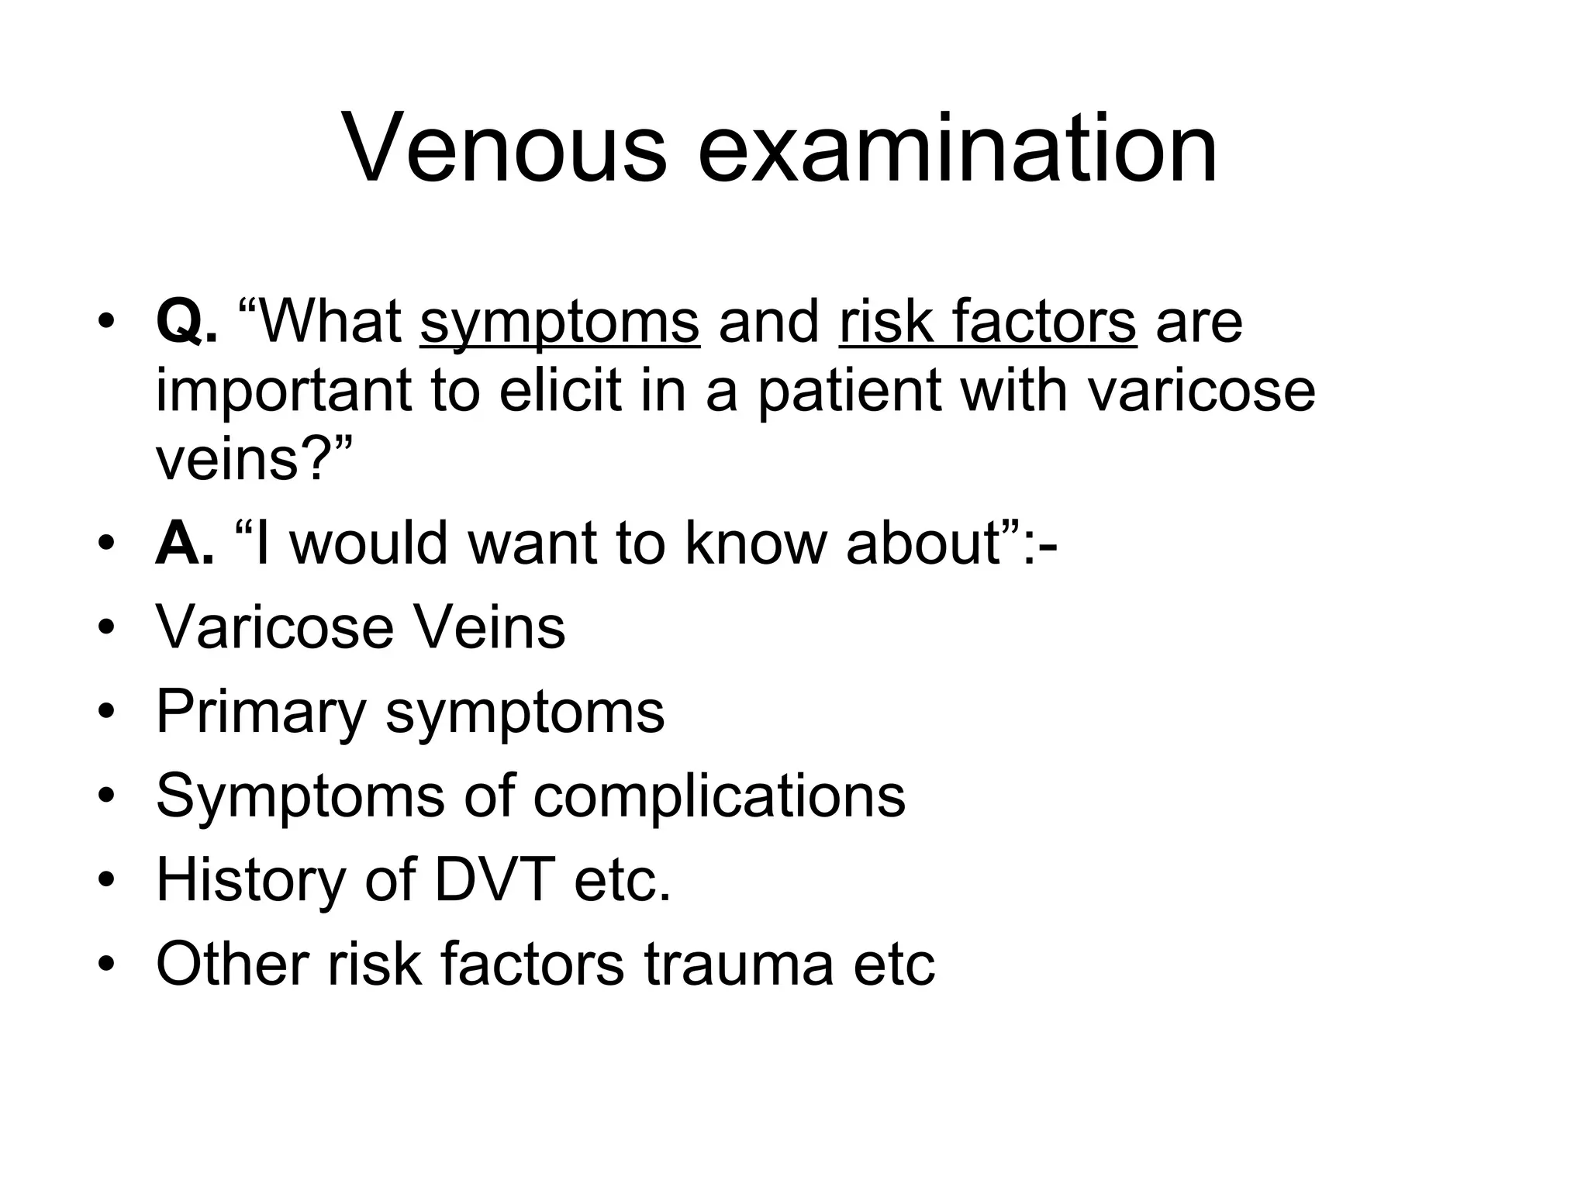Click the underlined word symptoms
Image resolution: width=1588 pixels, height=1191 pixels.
(x=560, y=323)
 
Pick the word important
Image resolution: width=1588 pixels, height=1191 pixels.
(x=284, y=391)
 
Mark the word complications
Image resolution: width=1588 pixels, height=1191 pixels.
(x=719, y=796)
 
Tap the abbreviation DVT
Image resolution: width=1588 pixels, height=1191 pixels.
(x=495, y=879)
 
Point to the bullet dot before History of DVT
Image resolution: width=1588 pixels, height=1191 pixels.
(x=106, y=879)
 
